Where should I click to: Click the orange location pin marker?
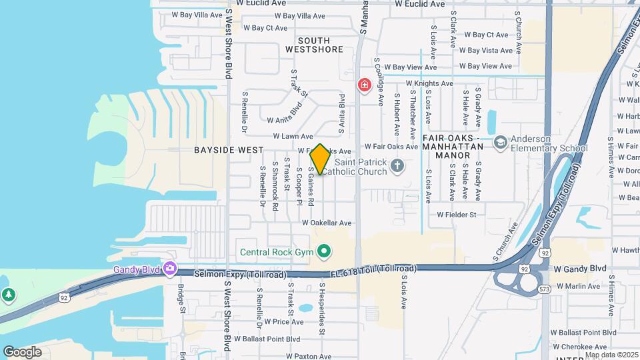(320, 159)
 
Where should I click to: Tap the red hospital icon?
(364, 85)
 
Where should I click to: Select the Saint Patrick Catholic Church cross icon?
(397, 165)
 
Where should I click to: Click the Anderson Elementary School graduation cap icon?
(500, 143)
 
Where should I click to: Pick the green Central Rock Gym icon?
(324, 251)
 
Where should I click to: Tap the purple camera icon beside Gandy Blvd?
(170, 269)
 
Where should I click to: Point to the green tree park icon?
(8, 294)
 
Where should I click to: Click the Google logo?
(22, 351)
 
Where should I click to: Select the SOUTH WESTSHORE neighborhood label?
(314, 45)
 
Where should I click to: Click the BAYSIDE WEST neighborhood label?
(229, 150)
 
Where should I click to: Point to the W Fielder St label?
(457, 215)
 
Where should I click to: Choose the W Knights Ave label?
(429, 83)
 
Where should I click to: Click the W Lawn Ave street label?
(288, 136)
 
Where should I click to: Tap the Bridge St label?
(181, 298)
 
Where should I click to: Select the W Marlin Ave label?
(578, 286)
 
